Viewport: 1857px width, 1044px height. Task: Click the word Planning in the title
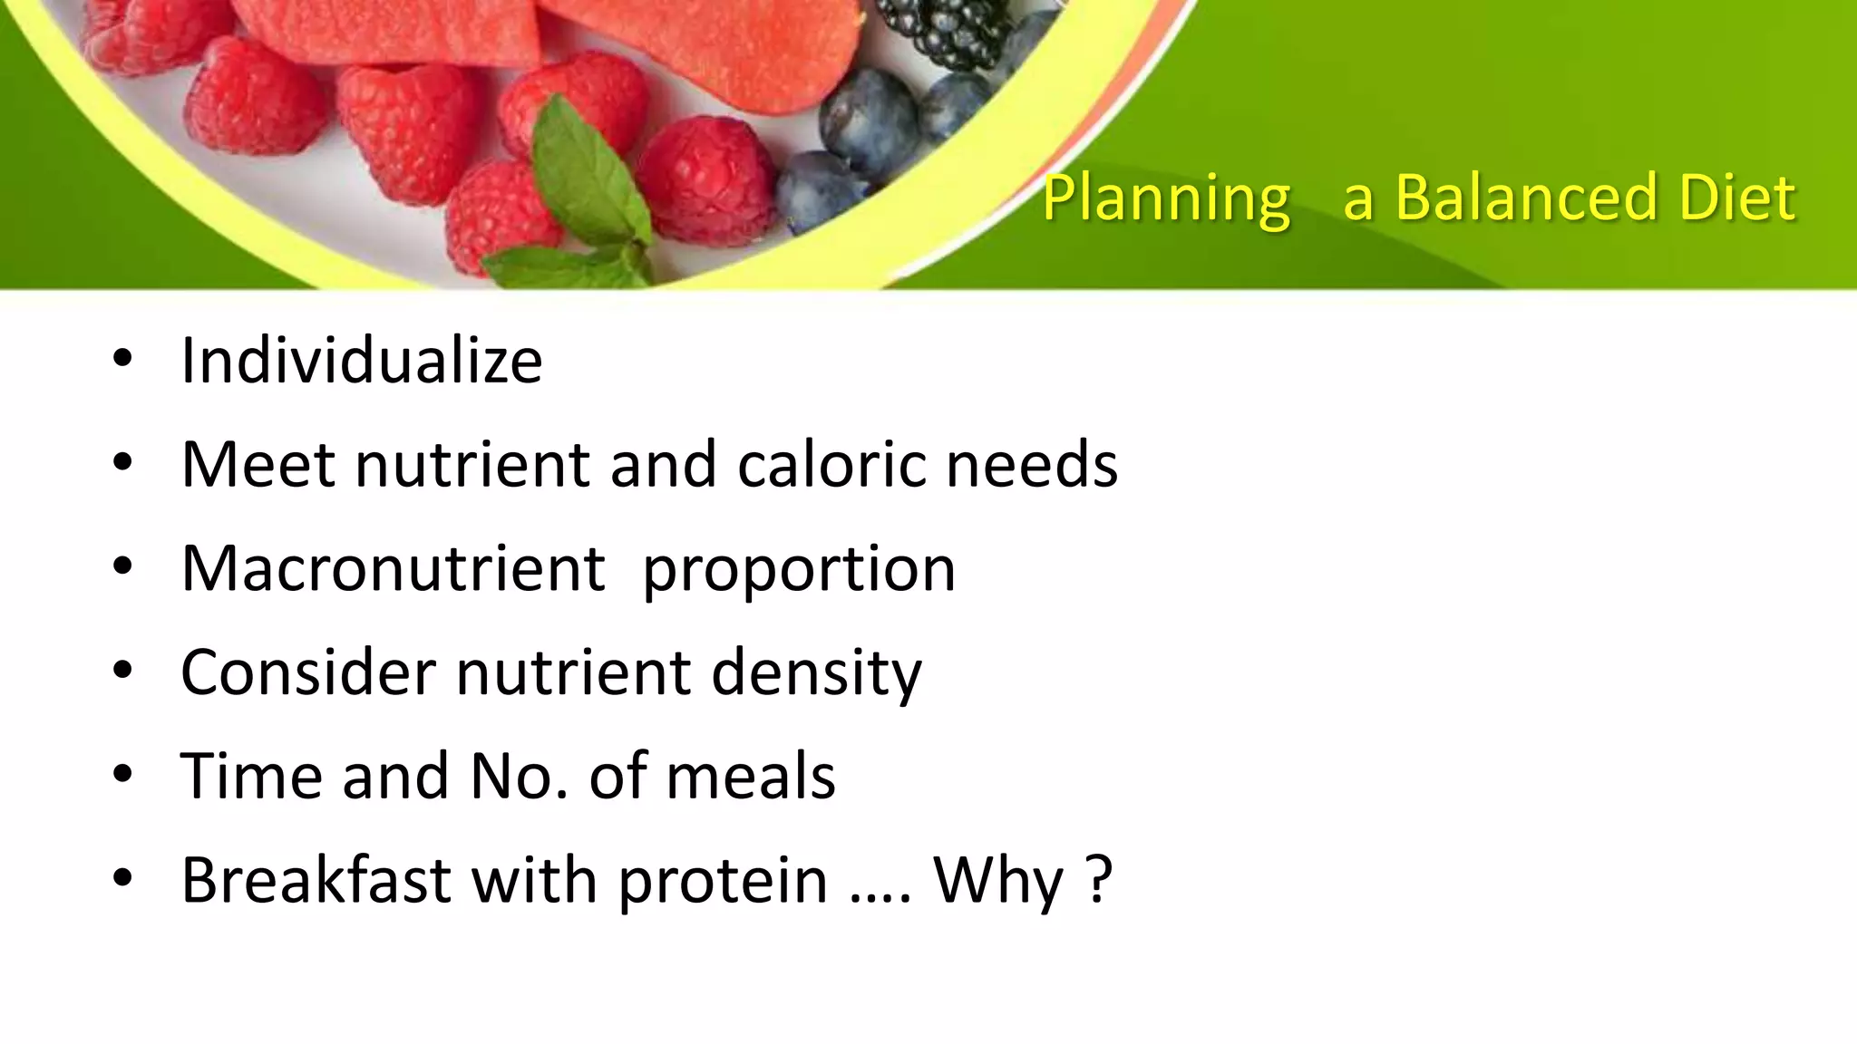point(1165,199)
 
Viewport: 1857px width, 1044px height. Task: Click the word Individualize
point(361,361)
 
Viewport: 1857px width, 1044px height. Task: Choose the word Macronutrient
point(393,569)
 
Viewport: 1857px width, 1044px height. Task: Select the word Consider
point(308,672)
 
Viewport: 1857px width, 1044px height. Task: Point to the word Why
point(998,881)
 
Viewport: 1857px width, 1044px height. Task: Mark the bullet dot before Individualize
point(122,360)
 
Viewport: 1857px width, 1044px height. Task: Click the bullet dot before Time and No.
point(122,775)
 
